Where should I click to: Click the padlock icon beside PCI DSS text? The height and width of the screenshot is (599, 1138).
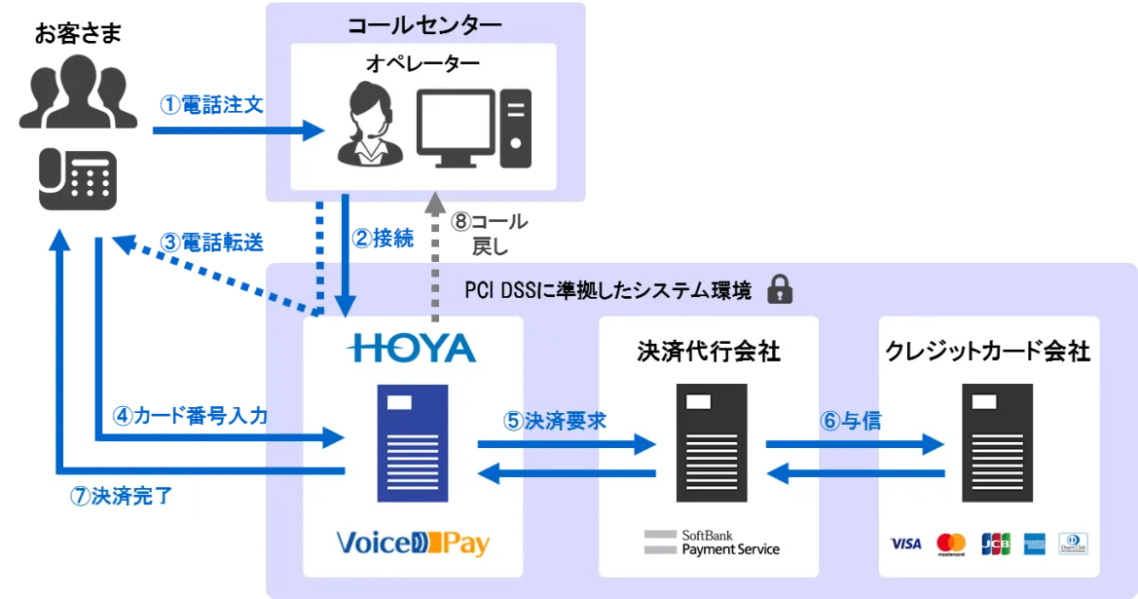click(780, 289)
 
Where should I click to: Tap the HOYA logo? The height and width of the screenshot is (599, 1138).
click(412, 349)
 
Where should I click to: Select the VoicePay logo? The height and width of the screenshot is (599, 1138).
click(413, 543)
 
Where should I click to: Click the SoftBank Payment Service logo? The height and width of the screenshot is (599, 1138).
click(712, 543)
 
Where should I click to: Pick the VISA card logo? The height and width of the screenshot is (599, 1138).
click(905, 543)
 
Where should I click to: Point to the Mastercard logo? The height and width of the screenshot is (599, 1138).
click(951, 543)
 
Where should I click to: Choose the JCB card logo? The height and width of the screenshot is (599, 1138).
click(996, 543)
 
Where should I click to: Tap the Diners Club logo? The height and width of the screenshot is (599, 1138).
click(1074, 543)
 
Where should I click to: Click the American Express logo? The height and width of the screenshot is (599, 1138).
click(1034, 543)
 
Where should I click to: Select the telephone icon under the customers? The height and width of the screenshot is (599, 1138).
click(78, 179)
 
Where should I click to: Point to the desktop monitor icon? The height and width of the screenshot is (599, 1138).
click(455, 128)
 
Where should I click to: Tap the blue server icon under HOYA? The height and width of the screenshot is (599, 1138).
click(412, 443)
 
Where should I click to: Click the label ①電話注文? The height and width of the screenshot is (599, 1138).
click(212, 105)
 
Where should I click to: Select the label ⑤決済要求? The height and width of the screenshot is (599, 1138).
click(555, 421)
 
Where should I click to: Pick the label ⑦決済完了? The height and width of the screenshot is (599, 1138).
click(122, 496)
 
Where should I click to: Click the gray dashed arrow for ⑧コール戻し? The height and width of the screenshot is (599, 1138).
click(435, 258)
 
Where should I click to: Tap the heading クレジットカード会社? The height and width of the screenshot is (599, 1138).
click(988, 352)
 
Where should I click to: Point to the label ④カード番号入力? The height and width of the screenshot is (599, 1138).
click(191, 416)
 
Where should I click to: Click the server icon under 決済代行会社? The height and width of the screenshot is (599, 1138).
click(712, 443)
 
